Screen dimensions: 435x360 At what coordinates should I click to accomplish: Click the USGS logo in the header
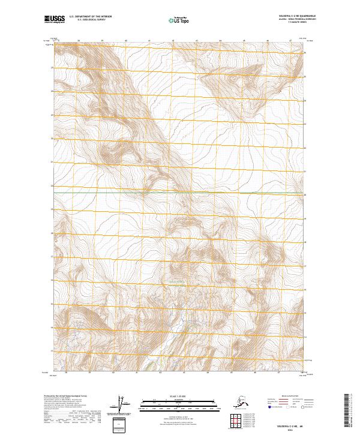pyautogui.click(x=53, y=20)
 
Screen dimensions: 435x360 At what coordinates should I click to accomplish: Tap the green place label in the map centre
pyautogui.click(x=177, y=282)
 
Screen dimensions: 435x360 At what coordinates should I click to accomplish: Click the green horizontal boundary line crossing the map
pyautogui.click(x=180, y=193)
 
